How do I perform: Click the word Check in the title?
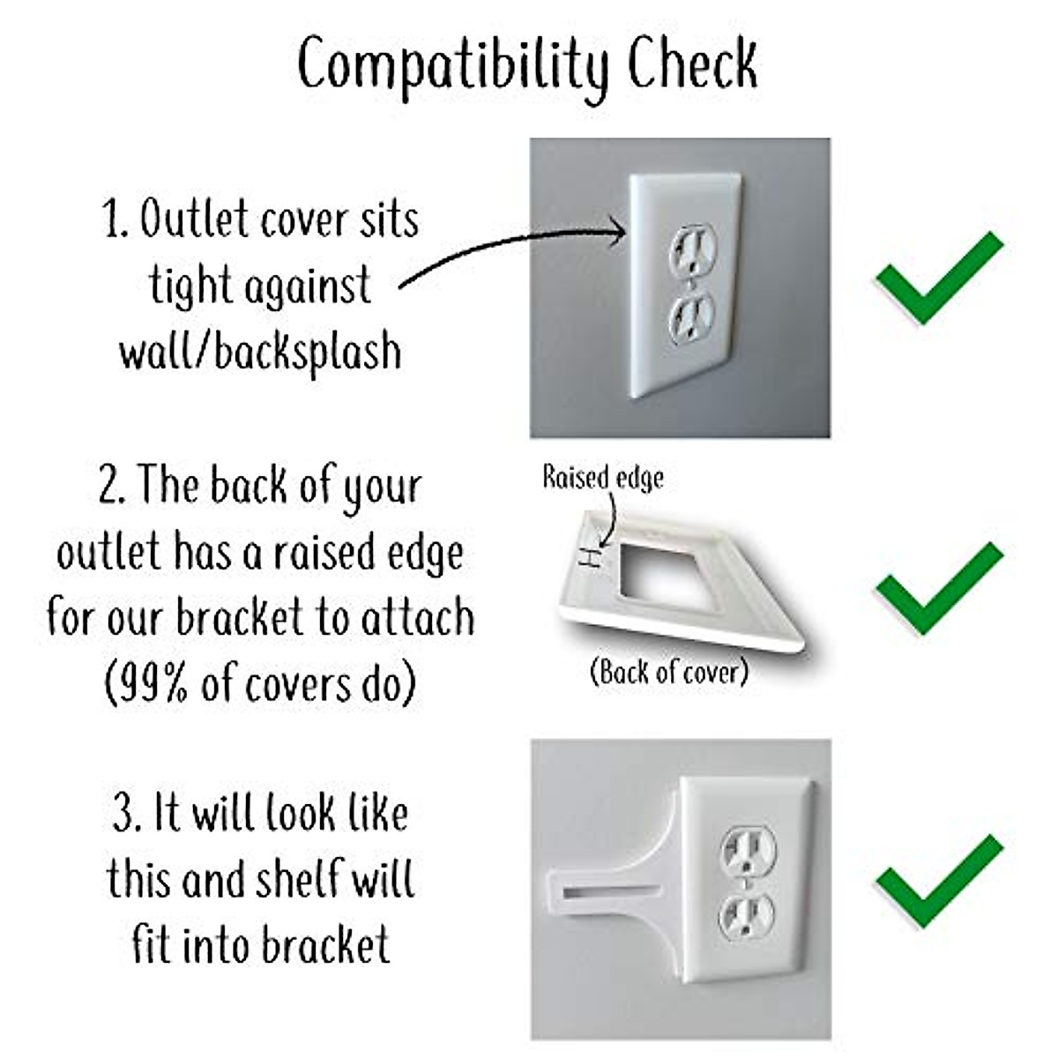pos(692,63)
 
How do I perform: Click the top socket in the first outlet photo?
pos(693,250)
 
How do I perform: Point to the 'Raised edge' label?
pos(603,478)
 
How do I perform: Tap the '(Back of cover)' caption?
pos(668,673)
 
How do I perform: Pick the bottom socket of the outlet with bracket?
pos(747,916)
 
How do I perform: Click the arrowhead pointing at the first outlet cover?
pos(617,233)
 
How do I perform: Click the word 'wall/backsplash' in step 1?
pos(260,353)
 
